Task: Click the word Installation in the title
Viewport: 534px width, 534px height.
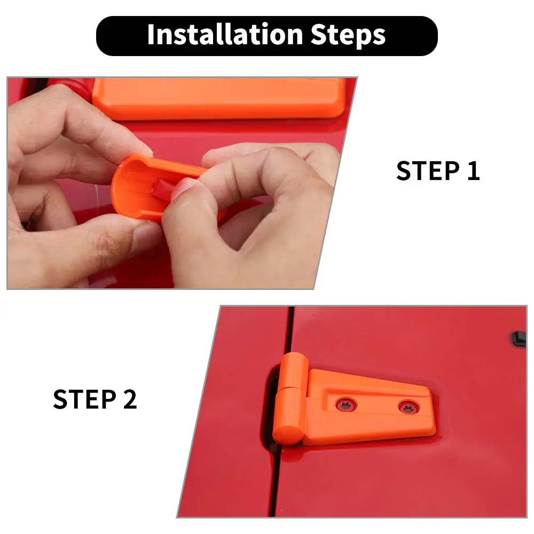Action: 225,35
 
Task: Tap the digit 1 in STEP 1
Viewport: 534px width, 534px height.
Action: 473,171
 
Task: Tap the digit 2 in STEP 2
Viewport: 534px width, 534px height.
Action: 130,399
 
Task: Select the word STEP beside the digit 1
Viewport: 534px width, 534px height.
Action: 428,171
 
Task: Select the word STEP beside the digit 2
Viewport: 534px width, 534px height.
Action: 85,399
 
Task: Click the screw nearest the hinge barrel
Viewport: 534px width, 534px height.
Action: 347,405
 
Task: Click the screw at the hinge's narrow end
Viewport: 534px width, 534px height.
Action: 409,407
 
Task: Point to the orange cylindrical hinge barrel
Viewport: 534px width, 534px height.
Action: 290,398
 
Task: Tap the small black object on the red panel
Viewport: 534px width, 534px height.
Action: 519,339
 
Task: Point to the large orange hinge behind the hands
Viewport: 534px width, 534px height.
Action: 218,98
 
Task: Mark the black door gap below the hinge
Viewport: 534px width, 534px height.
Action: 274,484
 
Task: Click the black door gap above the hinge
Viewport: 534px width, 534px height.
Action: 290,328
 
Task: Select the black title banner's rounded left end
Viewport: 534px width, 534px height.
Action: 106,36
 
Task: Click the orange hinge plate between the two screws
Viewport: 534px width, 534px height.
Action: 378,406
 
